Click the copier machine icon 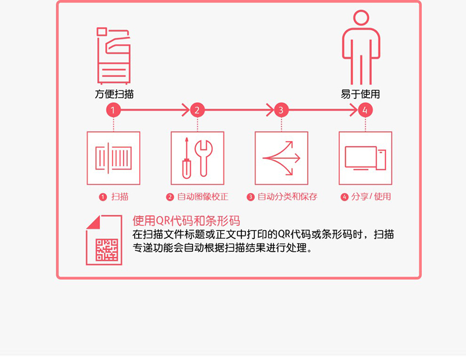113,56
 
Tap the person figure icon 361,48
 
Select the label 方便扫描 115,94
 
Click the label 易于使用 360,94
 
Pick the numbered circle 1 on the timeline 113,110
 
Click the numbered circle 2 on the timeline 197,110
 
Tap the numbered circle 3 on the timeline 281,110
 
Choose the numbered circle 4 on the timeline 366,110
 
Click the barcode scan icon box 113,158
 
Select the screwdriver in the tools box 186,158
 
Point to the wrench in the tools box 204,158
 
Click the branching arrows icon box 281,158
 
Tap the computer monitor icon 361,158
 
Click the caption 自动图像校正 203,197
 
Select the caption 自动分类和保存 287,197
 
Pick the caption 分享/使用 371,197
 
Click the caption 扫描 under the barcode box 120,197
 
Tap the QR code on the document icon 107,250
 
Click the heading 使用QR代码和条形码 186,221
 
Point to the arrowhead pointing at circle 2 186,110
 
